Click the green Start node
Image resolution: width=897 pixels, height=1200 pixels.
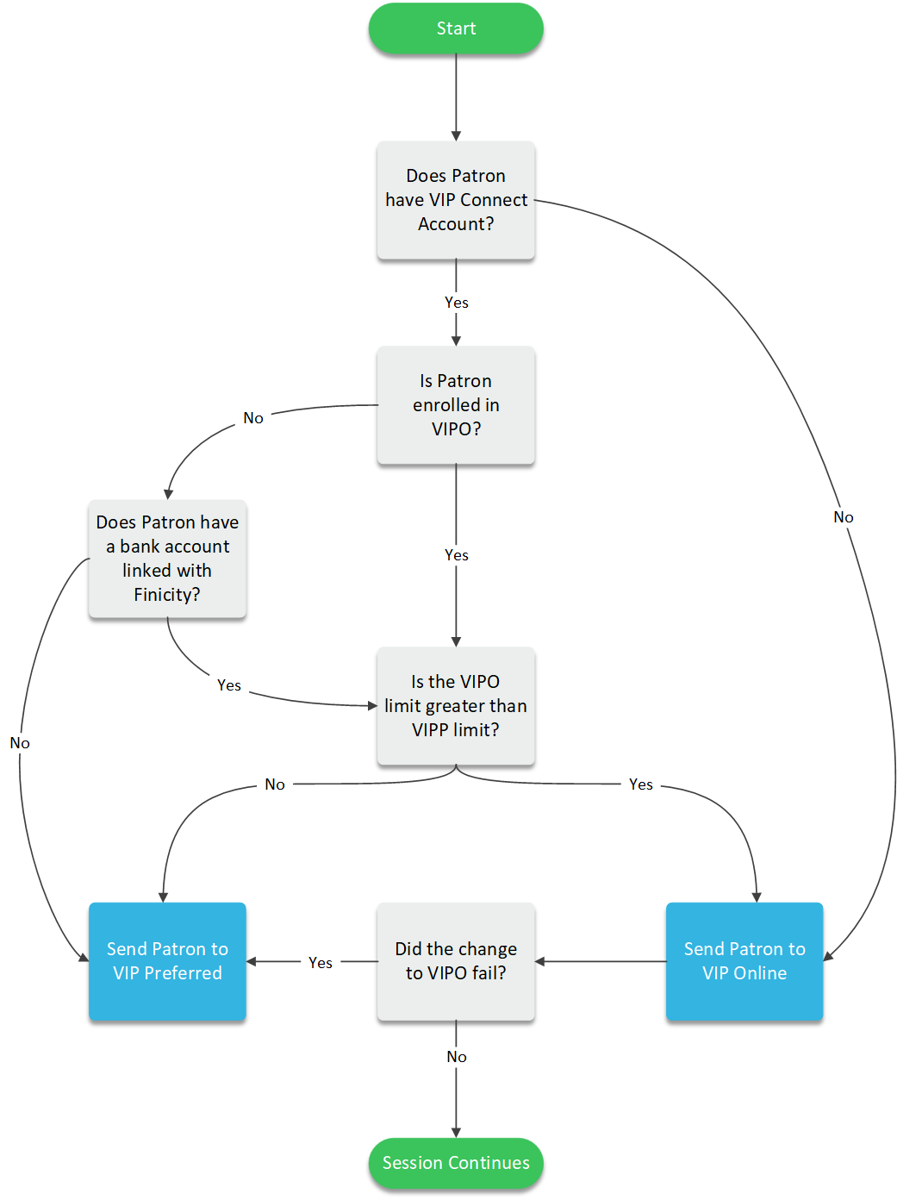click(456, 28)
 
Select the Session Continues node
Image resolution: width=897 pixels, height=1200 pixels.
click(456, 1163)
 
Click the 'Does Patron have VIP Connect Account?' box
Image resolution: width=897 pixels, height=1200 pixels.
click(456, 200)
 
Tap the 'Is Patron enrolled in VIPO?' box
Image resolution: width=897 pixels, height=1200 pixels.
click(456, 405)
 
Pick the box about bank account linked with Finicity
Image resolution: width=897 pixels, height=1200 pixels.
click(167, 559)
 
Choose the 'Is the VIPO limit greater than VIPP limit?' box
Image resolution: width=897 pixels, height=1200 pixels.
click(456, 706)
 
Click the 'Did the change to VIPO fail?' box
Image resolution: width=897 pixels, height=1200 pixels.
click(456, 961)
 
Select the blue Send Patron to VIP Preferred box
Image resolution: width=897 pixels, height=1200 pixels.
click(167, 961)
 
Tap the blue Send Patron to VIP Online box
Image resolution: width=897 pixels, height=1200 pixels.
click(744, 961)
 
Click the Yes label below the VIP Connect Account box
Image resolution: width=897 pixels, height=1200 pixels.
click(457, 303)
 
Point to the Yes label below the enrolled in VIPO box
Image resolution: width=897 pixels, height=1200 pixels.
click(457, 555)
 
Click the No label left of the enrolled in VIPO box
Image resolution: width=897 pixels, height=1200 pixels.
click(253, 418)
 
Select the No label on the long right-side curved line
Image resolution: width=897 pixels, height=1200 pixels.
click(844, 517)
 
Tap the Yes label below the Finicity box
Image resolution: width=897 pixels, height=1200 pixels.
click(229, 685)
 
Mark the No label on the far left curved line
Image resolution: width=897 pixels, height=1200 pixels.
click(20, 743)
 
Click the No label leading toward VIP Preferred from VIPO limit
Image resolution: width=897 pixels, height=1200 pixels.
click(275, 784)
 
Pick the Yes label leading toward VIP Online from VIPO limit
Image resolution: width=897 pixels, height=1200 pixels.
click(641, 784)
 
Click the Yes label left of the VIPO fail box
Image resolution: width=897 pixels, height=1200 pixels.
click(321, 963)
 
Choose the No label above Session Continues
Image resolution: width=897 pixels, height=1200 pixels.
click(457, 1057)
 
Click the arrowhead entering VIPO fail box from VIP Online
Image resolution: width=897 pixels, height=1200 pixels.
click(540, 961)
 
